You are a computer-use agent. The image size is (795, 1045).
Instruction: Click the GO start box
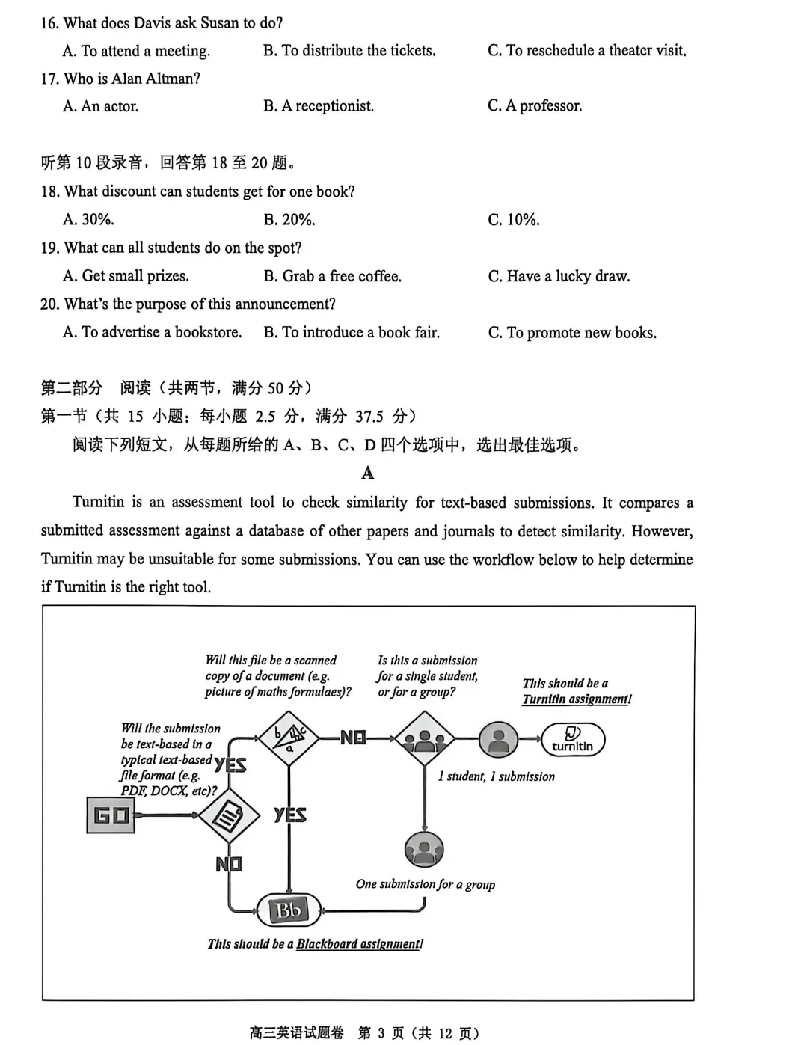tap(111, 815)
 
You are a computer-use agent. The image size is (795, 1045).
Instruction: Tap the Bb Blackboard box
tap(289, 910)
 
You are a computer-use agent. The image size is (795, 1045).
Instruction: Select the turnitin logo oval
tap(572, 740)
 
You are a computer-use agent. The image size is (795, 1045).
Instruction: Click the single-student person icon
tap(498, 740)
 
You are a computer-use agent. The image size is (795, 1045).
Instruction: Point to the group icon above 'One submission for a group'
tap(424, 850)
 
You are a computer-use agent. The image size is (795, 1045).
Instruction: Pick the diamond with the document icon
tap(229, 815)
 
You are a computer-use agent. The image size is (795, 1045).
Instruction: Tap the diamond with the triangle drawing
tap(289, 738)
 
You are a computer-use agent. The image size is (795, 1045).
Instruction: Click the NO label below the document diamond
tap(229, 865)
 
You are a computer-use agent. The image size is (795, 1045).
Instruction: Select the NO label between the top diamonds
tap(353, 738)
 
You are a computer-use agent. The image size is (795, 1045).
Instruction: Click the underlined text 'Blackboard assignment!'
tap(360, 944)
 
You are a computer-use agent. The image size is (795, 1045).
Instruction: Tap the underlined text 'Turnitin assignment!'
tap(577, 699)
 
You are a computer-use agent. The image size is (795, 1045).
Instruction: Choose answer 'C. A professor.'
tap(535, 106)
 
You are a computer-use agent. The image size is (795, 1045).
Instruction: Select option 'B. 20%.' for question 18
tap(289, 220)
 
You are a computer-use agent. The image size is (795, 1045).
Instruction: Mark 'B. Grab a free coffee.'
tap(333, 276)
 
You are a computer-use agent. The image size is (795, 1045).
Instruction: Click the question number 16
tap(49, 23)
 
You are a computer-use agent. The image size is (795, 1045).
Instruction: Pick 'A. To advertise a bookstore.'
tap(153, 332)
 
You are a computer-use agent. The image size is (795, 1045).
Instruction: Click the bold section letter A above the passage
tap(368, 473)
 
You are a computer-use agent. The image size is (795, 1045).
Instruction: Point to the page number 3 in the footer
tap(381, 1033)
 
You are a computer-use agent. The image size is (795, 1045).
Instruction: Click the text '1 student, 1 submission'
tap(497, 776)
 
